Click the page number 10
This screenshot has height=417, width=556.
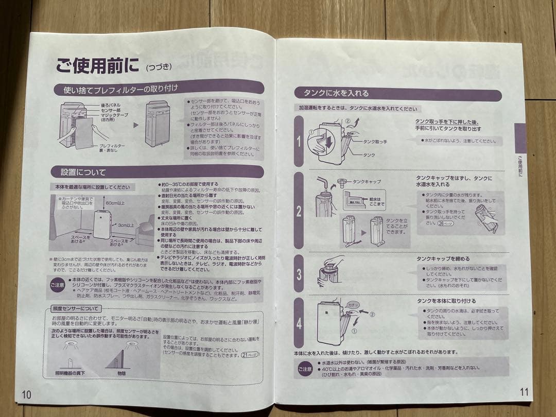pos(26,394)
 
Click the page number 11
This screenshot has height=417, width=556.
pos(524,392)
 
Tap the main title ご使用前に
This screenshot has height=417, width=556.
pos(98,65)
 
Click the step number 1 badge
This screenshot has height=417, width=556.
pos(299,140)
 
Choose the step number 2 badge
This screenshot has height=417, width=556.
pos(299,211)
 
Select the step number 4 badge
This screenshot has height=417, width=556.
pos(299,323)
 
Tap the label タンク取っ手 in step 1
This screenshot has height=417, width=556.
pos(375,141)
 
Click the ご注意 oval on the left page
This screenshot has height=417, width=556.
pos(57,284)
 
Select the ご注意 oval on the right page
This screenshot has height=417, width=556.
pos(305,369)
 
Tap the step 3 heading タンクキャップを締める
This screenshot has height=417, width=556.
pos(443,258)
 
